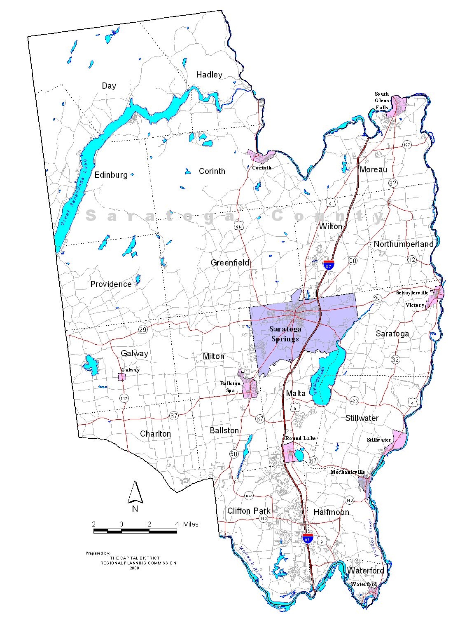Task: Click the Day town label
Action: (109, 86)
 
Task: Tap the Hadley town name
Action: (209, 75)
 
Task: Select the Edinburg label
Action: (111, 175)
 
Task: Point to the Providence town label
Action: (111, 284)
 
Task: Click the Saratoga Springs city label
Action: (285, 334)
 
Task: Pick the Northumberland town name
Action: (404, 244)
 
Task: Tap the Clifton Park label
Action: (249, 511)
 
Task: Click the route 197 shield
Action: (407, 145)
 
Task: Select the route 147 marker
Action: (124, 398)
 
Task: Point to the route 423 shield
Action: (354, 400)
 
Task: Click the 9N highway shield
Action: (239, 226)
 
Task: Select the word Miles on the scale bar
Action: (191, 524)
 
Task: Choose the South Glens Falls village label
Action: (382, 101)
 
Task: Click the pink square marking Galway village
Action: (122, 376)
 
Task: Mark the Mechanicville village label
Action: (348, 472)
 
